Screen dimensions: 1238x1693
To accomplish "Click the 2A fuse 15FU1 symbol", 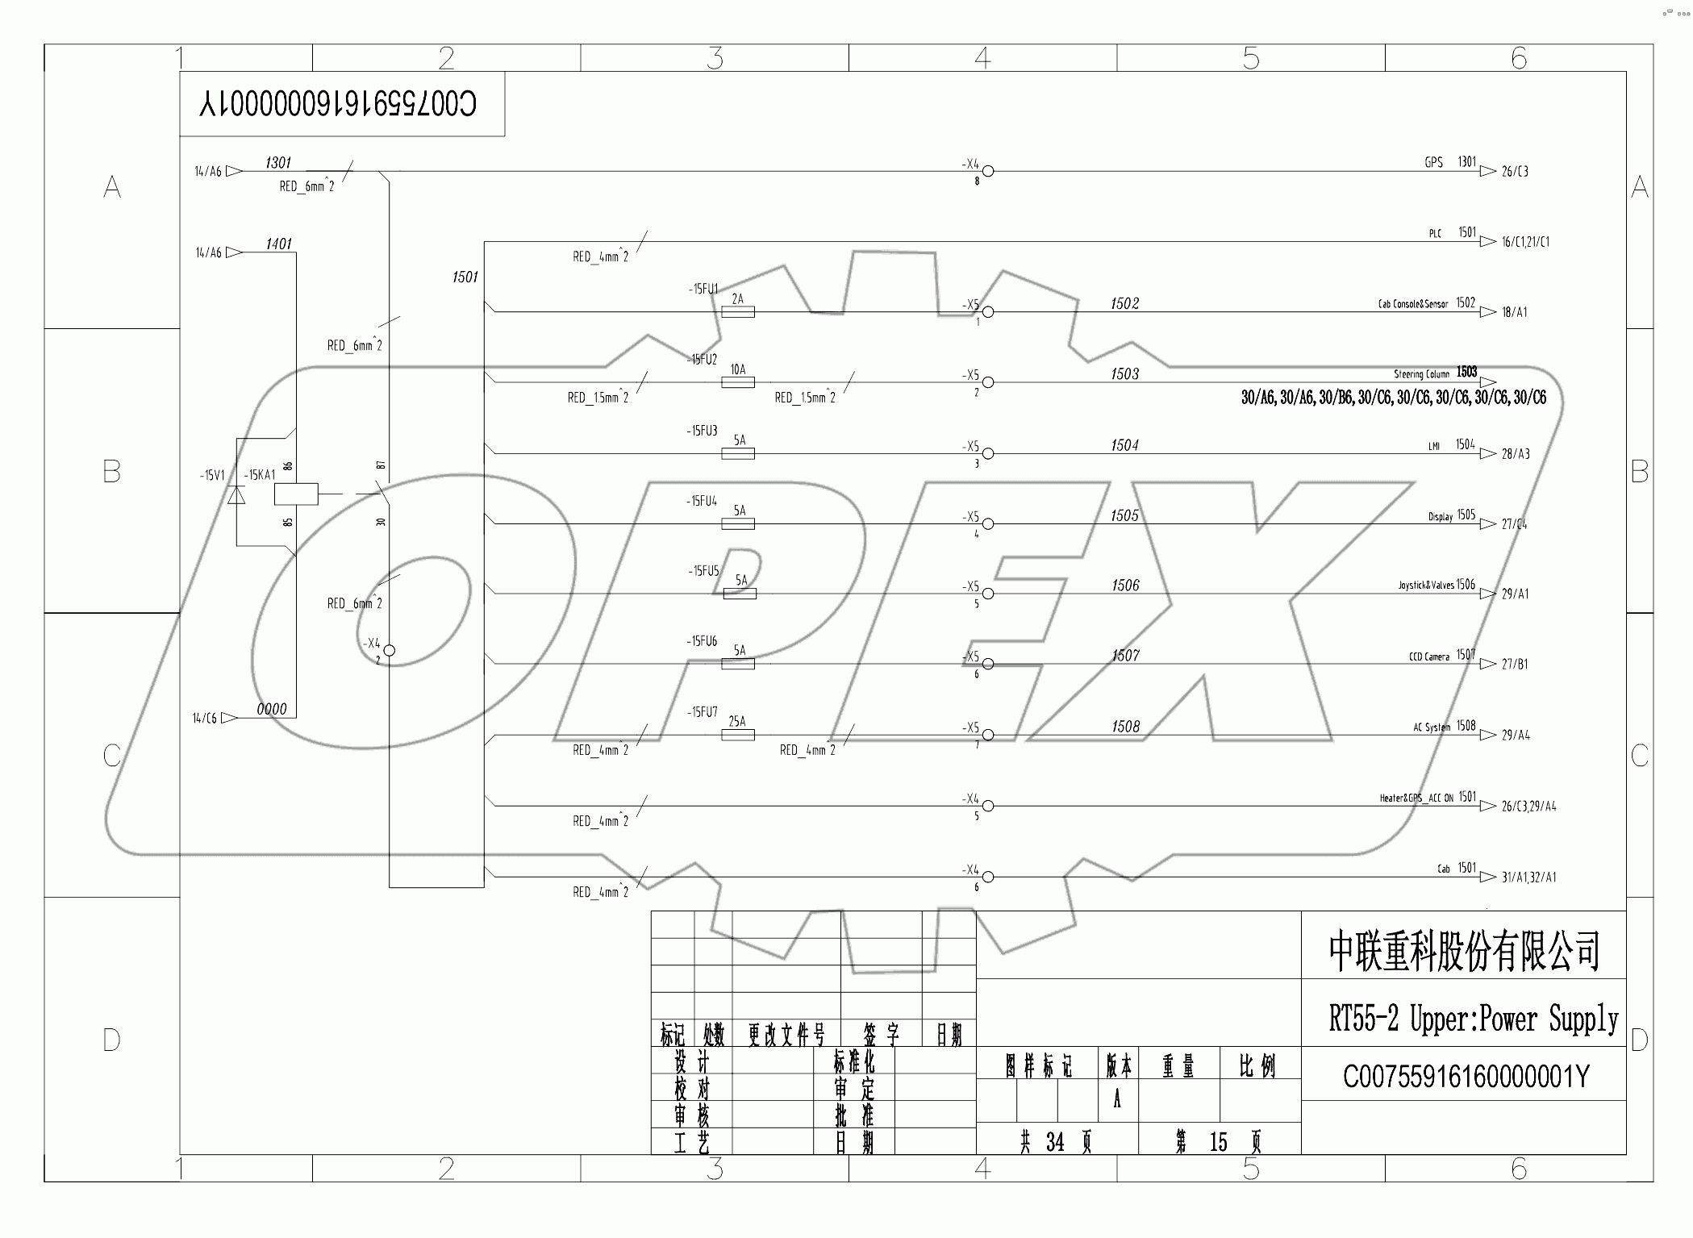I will [x=737, y=311].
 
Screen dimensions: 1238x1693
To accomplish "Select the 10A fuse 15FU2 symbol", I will [x=737, y=382].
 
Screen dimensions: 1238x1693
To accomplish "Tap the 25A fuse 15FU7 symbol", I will [x=737, y=735].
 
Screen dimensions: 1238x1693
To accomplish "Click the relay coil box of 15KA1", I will [x=296, y=494].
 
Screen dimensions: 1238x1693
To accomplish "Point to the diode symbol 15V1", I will [x=236, y=494].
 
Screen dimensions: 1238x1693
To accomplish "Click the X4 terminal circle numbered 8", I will [x=987, y=171].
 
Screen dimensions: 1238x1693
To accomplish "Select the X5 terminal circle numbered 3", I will [x=987, y=453].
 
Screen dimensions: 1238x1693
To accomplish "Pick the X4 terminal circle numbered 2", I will [x=389, y=650].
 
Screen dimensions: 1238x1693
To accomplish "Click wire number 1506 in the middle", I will [x=1124, y=586].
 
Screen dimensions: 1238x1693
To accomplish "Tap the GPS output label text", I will [x=1433, y=163].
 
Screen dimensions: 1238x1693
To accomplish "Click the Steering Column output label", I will [x=1421, y=374].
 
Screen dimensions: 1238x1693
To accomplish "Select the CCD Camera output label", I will [x=1428, y=657].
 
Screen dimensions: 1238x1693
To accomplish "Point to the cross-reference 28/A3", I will [x=1515, y=454].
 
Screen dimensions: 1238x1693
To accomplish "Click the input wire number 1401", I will [x=278, y=244].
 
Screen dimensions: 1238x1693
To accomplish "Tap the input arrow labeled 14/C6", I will [x=205, y=718].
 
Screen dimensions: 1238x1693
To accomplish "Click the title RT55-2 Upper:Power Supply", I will [x=1473, y=1019].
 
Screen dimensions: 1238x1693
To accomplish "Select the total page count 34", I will [x=1054, y=1142].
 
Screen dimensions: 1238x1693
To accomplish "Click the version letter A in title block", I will [x=1117, y=1099].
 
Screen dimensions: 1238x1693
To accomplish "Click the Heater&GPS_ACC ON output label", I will [x=1416, y=798].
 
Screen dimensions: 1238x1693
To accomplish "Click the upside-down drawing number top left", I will [x=339, y=104].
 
